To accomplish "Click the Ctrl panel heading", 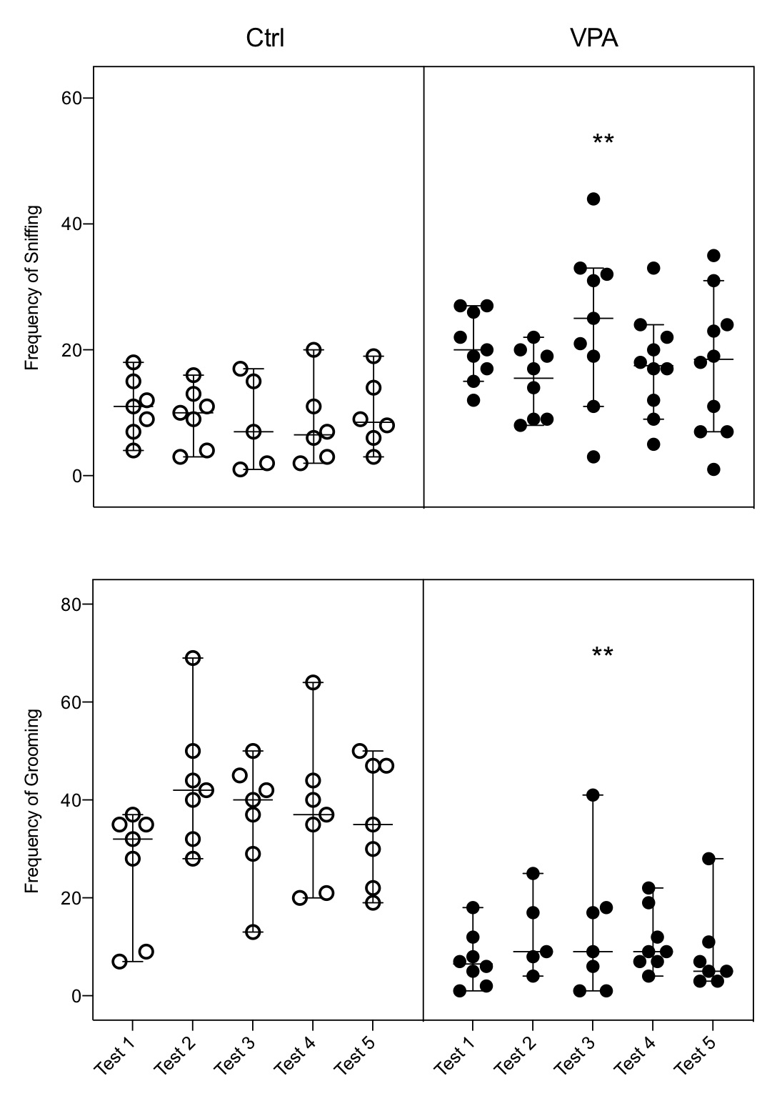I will tap(265, 38).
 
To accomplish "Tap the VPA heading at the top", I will tap(593, 38).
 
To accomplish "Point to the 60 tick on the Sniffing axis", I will tap(71, 98).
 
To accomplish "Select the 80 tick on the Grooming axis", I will tap(71, 604).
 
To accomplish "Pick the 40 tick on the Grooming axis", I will tap(71, 800).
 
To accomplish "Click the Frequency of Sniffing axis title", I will tap(32, 288).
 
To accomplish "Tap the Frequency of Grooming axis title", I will tap(32, 801).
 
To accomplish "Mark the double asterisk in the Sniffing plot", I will tap(603, 140).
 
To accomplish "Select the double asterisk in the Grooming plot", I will tap(603, 653).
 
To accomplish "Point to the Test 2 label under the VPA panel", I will tap(515, 1055).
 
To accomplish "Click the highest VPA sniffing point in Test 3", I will tap(593, 199).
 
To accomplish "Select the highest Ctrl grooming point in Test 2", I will tap(193, 658).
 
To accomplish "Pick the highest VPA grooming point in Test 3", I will tap(593, 794).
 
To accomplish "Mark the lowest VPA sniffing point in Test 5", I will tap(713, 469).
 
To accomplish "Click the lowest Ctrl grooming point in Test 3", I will tap(253, 932).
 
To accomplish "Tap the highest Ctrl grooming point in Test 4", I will tap(313, 682).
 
